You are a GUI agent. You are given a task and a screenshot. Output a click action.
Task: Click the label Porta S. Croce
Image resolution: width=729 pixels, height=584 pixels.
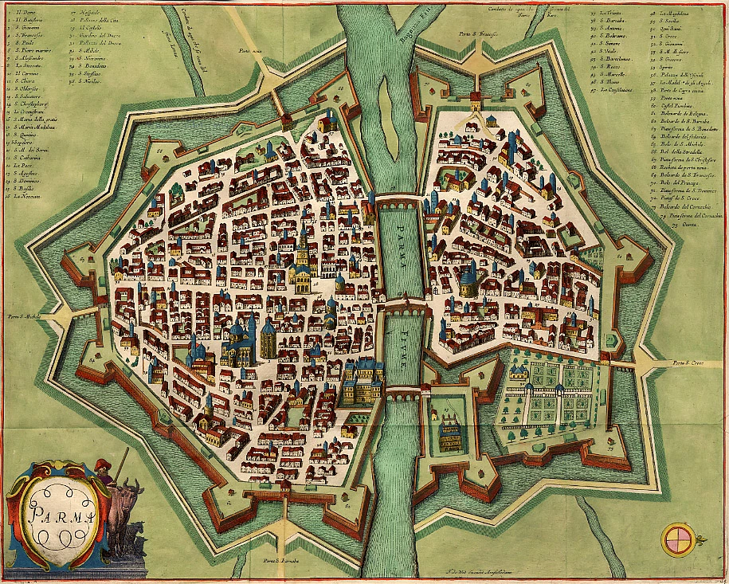690,365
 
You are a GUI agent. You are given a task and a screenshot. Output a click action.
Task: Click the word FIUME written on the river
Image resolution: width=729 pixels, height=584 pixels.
404,348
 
